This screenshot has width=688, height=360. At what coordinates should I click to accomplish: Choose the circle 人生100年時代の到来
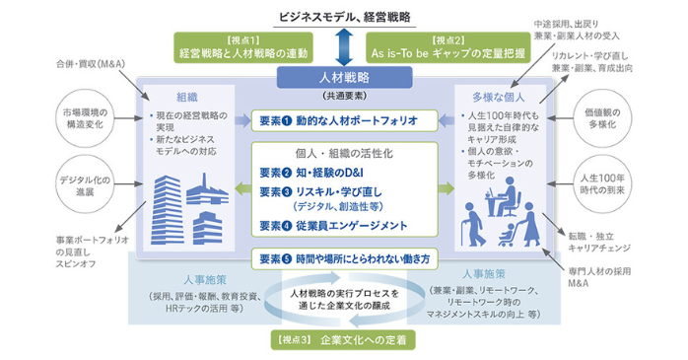(603, 185)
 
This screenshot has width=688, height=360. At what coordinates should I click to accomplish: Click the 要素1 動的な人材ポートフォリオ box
(342, 119)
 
